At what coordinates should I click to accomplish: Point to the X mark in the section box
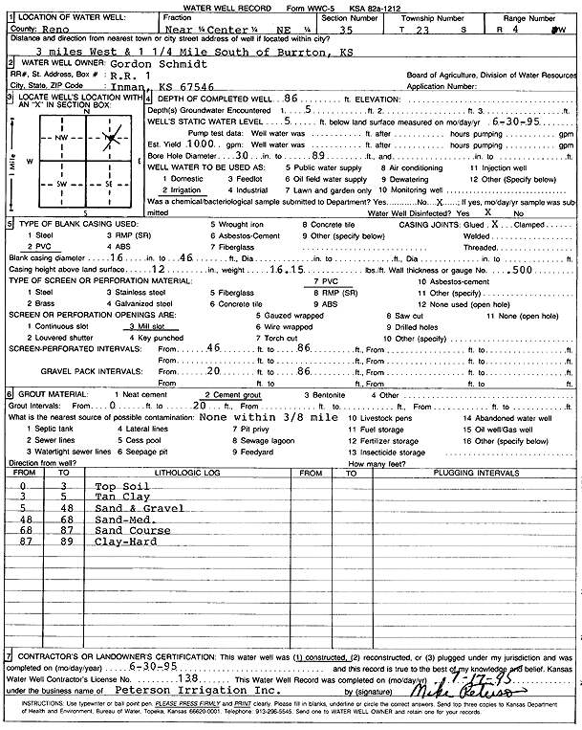111,140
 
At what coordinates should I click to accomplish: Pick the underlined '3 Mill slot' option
148,325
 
